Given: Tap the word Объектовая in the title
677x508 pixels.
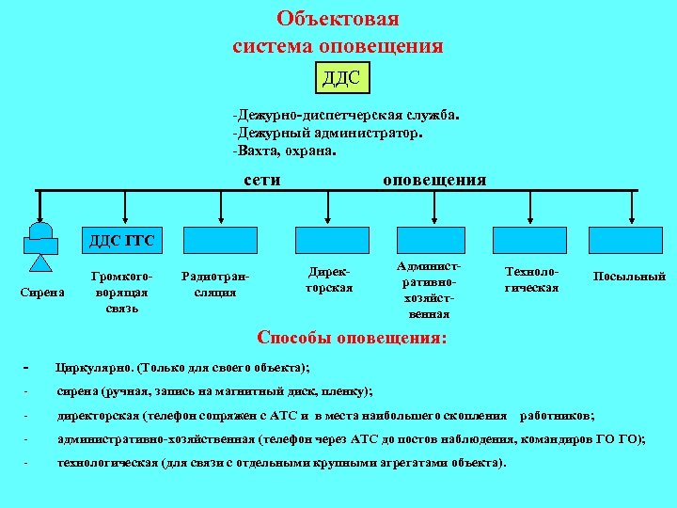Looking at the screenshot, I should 338,20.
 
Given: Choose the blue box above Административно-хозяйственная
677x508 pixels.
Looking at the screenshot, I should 431,241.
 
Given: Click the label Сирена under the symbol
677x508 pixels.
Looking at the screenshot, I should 41,293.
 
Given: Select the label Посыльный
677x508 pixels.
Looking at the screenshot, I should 629,277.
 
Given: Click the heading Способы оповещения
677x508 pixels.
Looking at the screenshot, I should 353,337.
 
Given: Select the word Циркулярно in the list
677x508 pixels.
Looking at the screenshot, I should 95,367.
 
